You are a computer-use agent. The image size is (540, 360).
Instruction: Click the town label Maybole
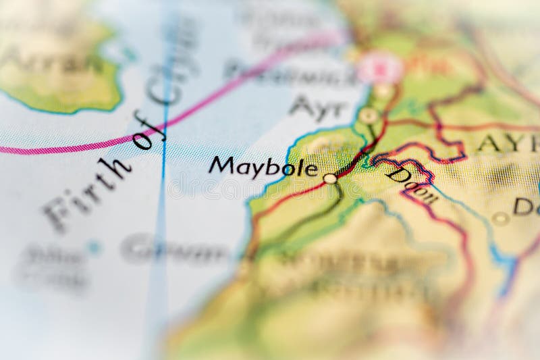(x=263, y=166)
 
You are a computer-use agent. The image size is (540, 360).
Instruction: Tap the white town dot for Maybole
(x=330, y=178)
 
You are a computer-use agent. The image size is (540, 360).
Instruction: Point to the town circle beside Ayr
(x=368, y=115)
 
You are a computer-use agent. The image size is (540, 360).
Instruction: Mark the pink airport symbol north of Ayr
(x=379, y=68)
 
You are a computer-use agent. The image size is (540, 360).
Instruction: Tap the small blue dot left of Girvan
(x=94, y=247)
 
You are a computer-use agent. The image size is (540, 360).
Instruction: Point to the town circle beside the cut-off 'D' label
(x=500, y=218)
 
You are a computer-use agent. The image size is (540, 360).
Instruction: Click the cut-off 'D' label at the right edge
(x=526, y=206)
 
